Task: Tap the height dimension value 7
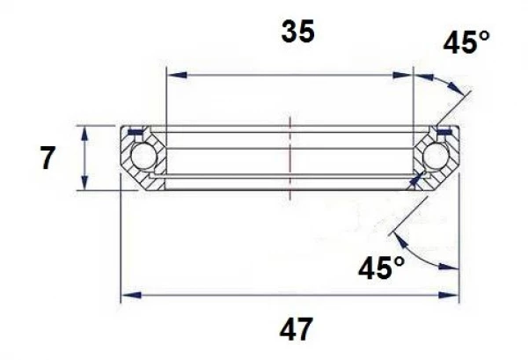click(48, 159)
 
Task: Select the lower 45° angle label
click(382, 266)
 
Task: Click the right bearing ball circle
click(434, 158)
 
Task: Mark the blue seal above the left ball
click(134, 133)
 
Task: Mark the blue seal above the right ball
click(444, 133)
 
